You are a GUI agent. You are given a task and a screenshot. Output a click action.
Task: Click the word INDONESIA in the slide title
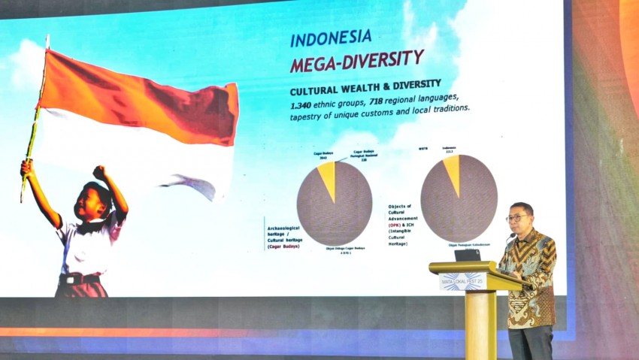pos(331,38)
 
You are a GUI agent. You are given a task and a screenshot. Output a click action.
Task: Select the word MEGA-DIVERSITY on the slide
pos(357,60)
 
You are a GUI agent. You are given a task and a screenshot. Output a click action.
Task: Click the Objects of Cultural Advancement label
pos(401,217)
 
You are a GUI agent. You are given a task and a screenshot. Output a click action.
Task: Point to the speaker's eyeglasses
pos(516,218)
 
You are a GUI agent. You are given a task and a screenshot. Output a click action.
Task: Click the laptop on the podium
pos(467,255)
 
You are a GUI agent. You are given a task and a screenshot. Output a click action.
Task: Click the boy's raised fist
pos(98,172)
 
